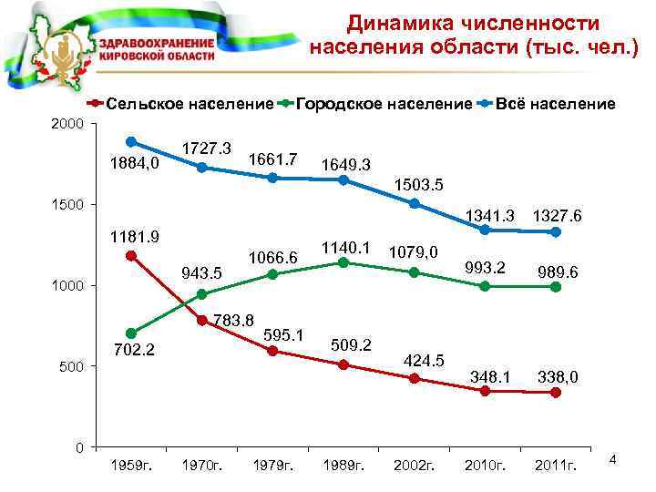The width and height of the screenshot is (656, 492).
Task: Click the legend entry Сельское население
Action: pos(190,105)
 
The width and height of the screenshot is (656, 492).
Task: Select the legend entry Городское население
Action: pos(384,105)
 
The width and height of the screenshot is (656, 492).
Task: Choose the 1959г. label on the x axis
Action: pos(131,466)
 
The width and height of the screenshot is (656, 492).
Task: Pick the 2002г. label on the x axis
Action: pos(415,466)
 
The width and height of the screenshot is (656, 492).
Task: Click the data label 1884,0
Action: pos(134,164)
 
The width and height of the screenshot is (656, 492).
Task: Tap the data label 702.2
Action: pos(135,349)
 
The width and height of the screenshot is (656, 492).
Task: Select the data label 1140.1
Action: pos(345,246)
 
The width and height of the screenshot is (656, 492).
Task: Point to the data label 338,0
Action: pos(558,376)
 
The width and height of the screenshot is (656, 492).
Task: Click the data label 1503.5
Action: pos(418,186)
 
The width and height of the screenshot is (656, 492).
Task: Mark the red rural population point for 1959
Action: pos(131,256)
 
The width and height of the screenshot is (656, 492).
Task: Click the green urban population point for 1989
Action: pos(343,262)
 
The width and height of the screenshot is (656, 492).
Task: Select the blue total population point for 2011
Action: pos(556,231)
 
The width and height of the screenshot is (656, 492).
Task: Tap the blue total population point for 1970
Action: pos(202,168)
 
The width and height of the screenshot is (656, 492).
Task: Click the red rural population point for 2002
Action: pos(415,378)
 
